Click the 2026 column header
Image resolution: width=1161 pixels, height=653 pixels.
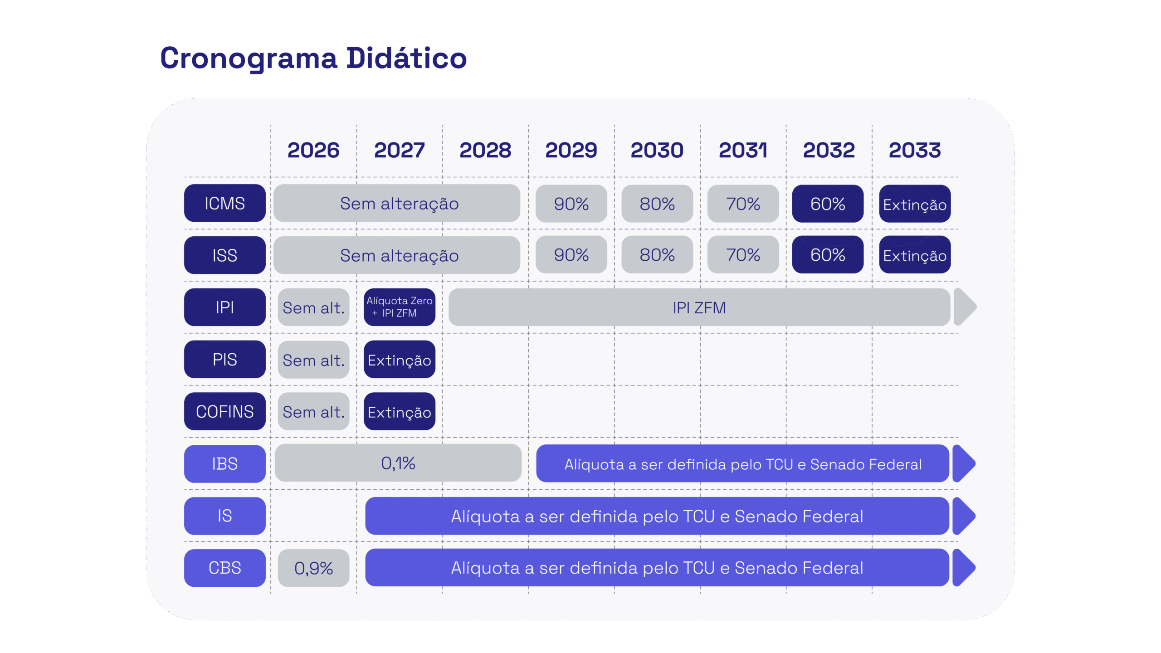click(x=313, y=150)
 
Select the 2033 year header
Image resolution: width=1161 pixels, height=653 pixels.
click(x=915, y=150)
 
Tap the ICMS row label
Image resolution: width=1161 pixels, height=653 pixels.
click(x=225, y=203)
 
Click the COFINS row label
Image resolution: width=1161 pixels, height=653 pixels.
click(x=225, y=411)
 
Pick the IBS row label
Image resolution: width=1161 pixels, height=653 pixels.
click(x=225, y=463)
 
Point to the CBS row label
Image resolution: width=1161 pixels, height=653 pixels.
click(x=225, y=568)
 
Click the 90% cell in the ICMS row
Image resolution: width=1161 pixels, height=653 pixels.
click(x=571, y=204)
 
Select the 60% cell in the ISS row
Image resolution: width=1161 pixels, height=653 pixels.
click(x=828, y=255)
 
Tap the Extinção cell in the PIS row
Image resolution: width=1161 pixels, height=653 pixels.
click(x=399, y=360)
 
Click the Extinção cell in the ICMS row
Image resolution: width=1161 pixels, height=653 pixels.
click(x=915, y=204)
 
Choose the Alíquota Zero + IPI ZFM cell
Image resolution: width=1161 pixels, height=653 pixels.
click(x=399, y=307)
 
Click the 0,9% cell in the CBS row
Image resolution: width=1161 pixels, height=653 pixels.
click(x=313, y=568)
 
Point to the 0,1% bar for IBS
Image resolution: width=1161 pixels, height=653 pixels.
click(x=398, y=463)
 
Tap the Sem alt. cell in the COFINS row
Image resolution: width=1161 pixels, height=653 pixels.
click(x=313, y=412)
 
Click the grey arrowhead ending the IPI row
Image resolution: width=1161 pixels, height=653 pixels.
click(x=964, y=307)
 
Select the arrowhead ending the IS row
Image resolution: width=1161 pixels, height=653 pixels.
click(x=963, y=516)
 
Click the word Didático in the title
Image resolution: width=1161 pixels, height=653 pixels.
click(x=406, y=58)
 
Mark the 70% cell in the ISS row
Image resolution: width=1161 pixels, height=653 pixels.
click(x=743, y=255)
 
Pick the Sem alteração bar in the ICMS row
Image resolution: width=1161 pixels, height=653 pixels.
click(x=397, y=203)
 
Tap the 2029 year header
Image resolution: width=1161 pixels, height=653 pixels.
click(x=571, y=150)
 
